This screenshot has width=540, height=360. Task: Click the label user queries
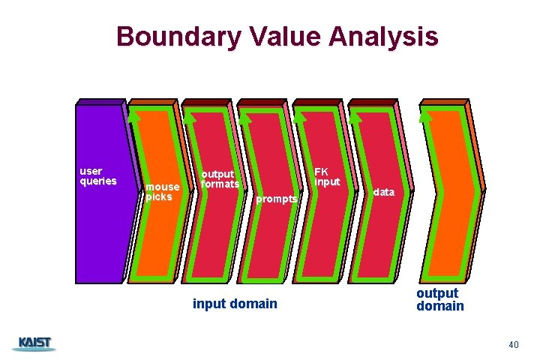click(98, 175)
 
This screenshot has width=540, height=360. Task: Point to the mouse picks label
click(163, 191)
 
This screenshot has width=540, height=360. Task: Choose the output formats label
click(220, 179)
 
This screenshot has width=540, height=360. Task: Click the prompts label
click(277, 199)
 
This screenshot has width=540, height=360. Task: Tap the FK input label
click(327, 176)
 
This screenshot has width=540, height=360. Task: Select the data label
click(383, 192)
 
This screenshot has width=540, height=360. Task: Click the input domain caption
click(235, 304)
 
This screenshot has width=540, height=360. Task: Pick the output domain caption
click(440, 299)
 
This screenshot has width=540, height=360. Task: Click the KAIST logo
click(34, 343)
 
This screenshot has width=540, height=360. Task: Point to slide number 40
click(513, 344)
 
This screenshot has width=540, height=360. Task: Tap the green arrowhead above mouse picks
click(134, 116)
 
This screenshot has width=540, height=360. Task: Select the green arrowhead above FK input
click(300, 116)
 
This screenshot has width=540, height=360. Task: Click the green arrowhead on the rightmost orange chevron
click(425, 116)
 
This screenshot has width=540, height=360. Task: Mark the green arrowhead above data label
click(355, 116)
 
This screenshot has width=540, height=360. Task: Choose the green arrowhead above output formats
click(190, 116)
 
